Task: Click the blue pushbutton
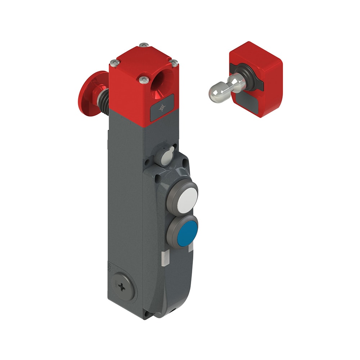pyautogui.click(x=187, y=233)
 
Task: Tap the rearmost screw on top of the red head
pyautogui.click(x=144, y=45)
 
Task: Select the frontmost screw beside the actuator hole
pyautogui.click(x=144, y=78)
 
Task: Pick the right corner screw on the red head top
pyautogui.click(x=174, y=63)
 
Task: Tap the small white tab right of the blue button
pyautogui.click(x=191, y=247)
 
